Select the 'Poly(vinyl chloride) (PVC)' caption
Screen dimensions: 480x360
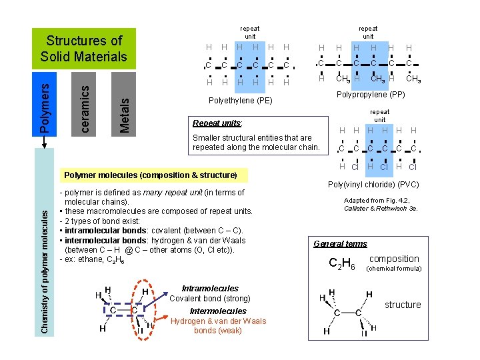(374, 185)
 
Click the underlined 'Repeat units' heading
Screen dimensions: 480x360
(217, 123)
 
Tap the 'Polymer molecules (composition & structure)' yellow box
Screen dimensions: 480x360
(150, 175)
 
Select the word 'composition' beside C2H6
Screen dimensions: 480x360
(394, 259)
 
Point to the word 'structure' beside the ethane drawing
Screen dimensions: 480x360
(403, 305)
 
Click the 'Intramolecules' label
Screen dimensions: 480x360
(209, 289)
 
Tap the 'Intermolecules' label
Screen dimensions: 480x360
(218, 311)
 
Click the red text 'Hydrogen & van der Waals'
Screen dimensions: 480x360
(218, 321)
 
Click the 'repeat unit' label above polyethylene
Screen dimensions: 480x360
(250, 33)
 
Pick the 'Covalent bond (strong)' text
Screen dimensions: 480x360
(209, 299)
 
